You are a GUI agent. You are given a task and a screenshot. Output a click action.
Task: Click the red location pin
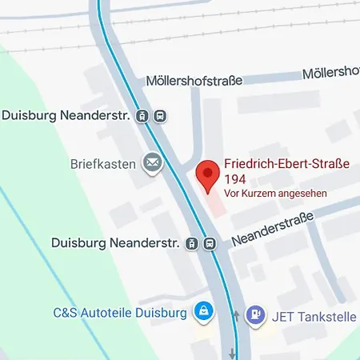(207, 174)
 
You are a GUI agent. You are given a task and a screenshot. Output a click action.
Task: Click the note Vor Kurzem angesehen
(275, 194)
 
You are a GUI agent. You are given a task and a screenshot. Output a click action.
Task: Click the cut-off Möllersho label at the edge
(330, 74)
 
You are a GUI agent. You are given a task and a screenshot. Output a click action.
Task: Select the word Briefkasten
(101, 164)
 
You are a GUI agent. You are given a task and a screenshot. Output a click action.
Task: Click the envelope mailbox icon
(151, 164)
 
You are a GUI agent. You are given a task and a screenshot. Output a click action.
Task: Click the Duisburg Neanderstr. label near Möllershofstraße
(65, 115)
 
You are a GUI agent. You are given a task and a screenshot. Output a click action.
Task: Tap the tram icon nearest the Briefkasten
(143, 116)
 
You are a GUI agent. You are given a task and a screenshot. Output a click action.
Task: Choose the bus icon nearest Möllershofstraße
(161, 116)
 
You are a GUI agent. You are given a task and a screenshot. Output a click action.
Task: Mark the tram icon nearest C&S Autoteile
(192, 243)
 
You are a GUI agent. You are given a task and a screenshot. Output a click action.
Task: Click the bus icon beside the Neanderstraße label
(210, 243)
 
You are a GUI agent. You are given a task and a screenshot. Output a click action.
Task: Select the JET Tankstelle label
(314, 316)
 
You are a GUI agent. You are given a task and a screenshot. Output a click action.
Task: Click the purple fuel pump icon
(255, 315)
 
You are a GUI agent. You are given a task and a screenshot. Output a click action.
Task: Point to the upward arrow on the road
(235, 314)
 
